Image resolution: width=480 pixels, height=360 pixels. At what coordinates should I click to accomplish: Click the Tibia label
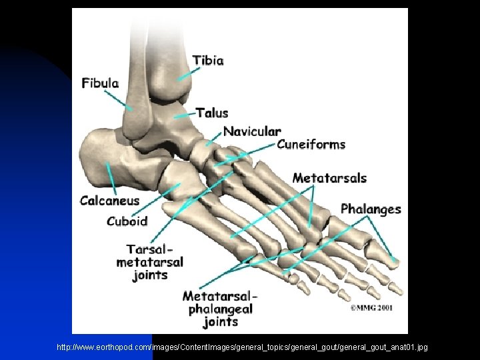coord(208,61)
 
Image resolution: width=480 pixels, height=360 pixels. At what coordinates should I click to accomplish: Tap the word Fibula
coord(100,84)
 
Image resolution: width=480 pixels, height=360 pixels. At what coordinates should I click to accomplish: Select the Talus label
coord(212,113)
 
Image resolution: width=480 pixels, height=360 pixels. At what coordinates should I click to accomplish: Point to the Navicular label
coord(251,131)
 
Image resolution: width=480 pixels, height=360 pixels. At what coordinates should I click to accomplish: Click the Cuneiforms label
coord(311,145)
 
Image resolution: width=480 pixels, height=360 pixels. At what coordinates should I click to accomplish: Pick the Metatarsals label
coord(329,178)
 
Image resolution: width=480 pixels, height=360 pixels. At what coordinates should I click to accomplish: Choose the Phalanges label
coord(371,209)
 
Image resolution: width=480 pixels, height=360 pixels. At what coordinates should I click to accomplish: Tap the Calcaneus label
coord(110,201)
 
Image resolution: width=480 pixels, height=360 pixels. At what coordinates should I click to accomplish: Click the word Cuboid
coord(127,221)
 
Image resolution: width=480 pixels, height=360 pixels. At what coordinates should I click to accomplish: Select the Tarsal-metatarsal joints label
coord(149,262)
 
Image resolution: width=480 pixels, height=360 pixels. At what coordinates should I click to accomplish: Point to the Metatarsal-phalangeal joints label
coord(220,309)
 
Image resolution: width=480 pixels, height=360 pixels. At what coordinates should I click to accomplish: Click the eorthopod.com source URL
coord(242,347)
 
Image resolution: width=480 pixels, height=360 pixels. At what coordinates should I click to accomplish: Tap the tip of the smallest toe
coord(304,289)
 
